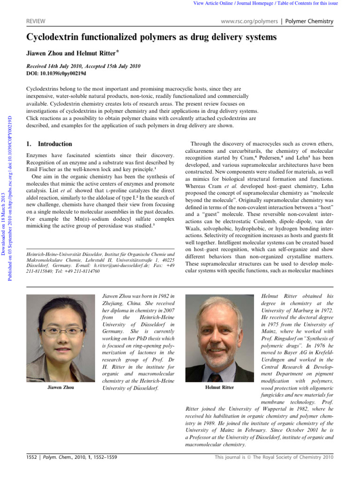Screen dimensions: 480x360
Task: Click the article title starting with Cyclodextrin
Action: click(151, 37)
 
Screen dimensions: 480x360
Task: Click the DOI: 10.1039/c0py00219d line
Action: click(56, 74)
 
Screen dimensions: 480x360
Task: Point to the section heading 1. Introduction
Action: click(49, 144)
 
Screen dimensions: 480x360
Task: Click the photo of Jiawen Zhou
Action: click(60, 337)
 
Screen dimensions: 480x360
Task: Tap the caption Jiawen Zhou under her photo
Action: click(60, 388)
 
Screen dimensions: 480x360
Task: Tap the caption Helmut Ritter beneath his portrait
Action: click(219, 388)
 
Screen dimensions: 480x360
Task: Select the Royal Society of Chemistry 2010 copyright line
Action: click(274, 456)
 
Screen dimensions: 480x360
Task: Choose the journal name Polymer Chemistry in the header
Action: click(309, 21)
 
